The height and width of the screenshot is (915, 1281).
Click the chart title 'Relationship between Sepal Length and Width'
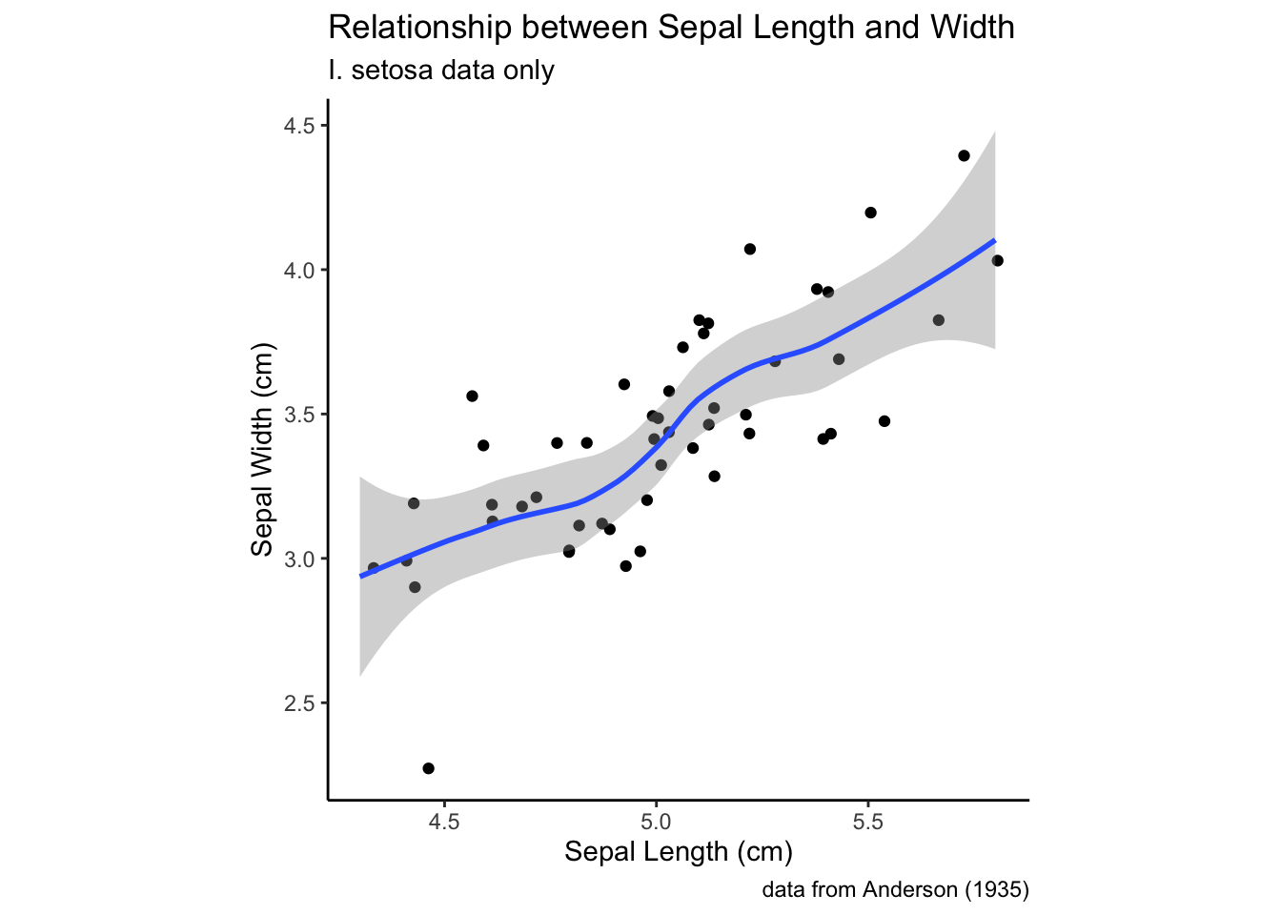coord(671,28)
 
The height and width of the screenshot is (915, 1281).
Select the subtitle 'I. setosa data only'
coord(440,71)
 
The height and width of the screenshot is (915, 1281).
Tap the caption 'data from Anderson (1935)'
coord(895,890)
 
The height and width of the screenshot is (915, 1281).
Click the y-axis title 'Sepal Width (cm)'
coord(262,450)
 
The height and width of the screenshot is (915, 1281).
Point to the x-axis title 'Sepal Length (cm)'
coord(678,851)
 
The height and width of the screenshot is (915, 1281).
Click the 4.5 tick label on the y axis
coord(299,126)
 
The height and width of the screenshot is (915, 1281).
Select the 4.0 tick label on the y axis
coord(299,271)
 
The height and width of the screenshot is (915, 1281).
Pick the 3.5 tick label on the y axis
coord(299,415)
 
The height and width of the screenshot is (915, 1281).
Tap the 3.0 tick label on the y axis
coord(299,559)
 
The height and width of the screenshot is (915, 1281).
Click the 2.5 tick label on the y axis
coord(299,703)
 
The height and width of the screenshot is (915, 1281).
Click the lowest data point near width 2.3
coord(428,768)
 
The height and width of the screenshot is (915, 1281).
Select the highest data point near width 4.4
coord(964,155)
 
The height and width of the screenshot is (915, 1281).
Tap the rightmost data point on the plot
coord(997,260)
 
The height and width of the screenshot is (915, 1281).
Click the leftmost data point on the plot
coord(374,568)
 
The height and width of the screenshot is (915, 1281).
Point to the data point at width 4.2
coord(870,213)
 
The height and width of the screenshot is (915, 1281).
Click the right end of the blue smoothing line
coord(994,240)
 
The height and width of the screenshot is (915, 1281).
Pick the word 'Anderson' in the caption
coord(911,890)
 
